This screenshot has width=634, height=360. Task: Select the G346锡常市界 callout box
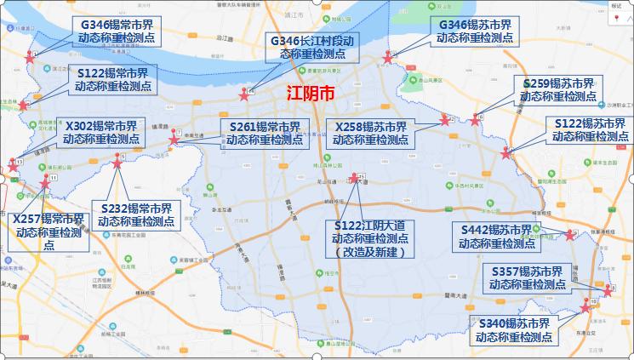point(112,31)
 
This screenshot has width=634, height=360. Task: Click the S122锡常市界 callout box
point(112,79)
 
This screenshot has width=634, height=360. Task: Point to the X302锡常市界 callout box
point(100,131)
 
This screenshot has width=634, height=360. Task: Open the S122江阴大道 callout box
point(369,238)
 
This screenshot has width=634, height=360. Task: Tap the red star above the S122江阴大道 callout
point(354,180)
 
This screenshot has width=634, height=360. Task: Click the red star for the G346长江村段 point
point(244,94)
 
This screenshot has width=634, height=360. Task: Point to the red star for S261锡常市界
point(174,139)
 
